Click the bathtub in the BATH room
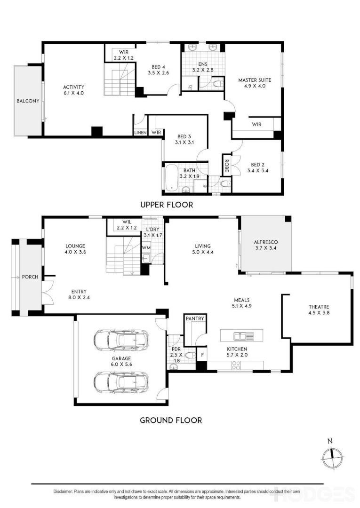(x=171, y=178)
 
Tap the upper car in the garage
(x=121, y=339)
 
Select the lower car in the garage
(x=121, y=382)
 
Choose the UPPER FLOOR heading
(x=167, y=205)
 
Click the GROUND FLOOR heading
(x=171, y=420)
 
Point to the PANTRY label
(x=195, y=319)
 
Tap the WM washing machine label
(x=146, y=247)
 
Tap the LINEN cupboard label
(x=140, y=133)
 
